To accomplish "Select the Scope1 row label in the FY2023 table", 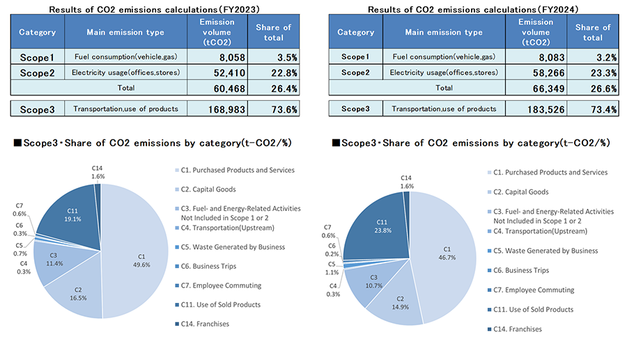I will tap(38, 56).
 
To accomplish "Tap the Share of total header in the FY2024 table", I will tap(593, 32).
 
